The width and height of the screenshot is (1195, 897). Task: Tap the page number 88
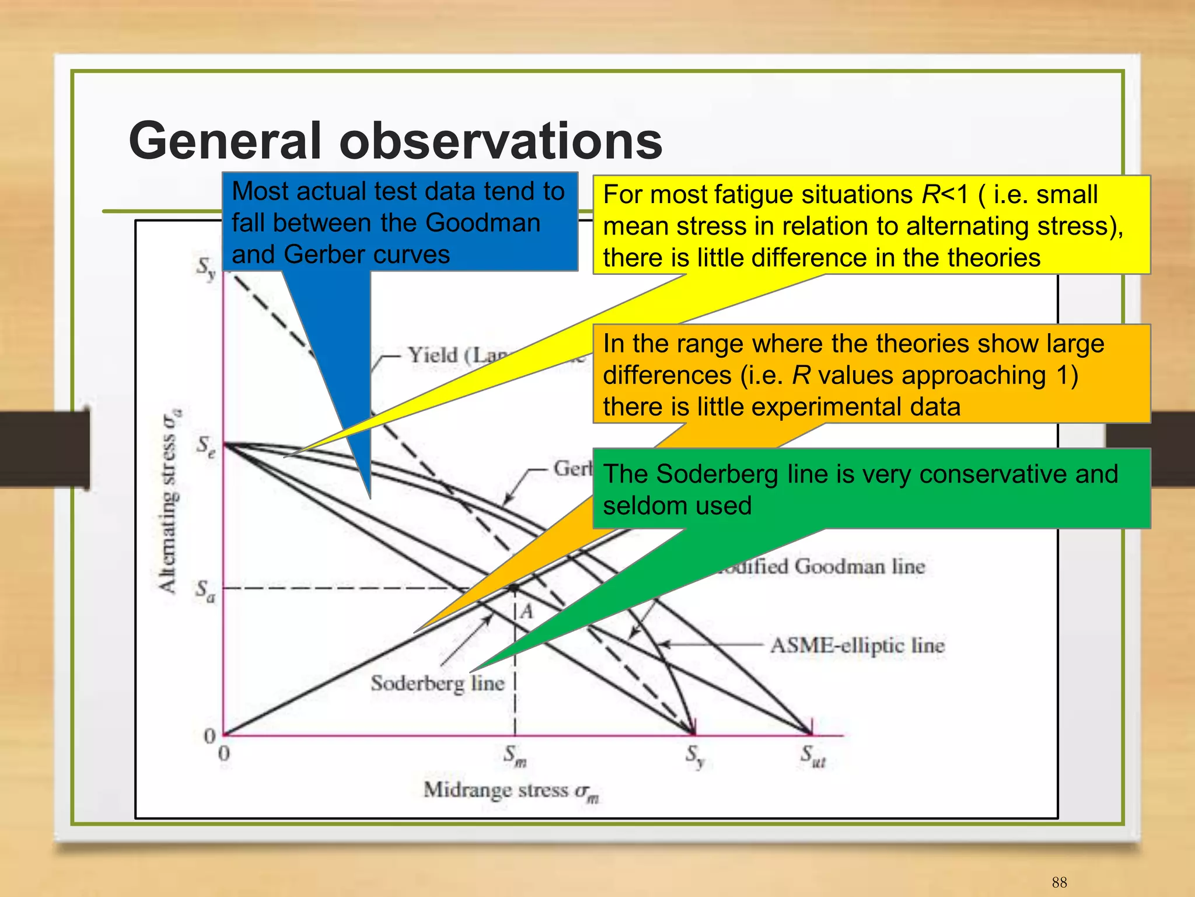tap(1059, 882)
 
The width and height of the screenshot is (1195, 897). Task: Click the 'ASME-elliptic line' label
tap(857, 645)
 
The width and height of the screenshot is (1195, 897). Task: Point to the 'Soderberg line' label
tap(438, 683)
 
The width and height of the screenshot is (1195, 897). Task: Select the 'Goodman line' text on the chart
tap(858, 567)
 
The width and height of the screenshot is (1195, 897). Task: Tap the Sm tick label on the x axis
tap(515, 756)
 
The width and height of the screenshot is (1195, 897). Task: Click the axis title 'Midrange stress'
tap(511, 790)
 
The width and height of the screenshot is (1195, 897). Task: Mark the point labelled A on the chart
tap(514, 588)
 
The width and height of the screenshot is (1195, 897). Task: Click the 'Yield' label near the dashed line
tap(432, 355)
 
